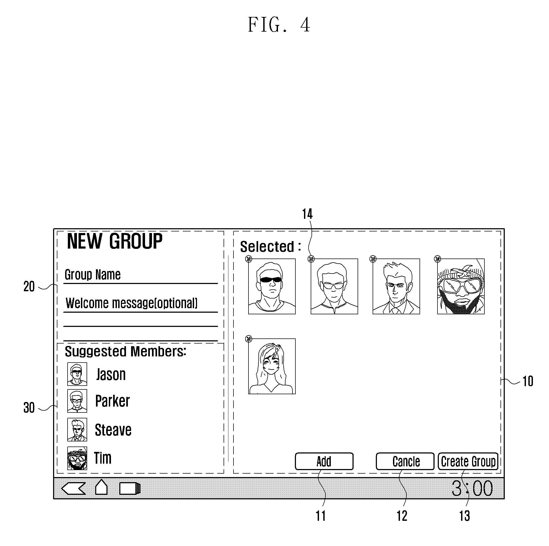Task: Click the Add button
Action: [x=324, y=461]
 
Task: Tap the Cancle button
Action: [x=405, y=461]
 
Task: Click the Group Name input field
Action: [x=140, y=275]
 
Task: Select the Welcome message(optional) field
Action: [x=140, y=304]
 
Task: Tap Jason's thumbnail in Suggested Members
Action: [x=77, y=374]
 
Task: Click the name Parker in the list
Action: [x=112, y=401]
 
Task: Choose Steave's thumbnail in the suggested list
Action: [x=77, y=429]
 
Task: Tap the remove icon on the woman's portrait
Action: [x=249, y=339]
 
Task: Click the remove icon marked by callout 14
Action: [x=311, y=259]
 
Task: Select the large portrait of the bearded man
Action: [x=461, y=286]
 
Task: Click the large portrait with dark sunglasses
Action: [x=272, y=286]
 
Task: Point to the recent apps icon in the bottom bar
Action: [x=130, y=489]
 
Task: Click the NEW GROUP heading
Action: [x=114, y=241]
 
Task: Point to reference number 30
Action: [x=29, y=408]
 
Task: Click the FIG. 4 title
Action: [x=279, y=25]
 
